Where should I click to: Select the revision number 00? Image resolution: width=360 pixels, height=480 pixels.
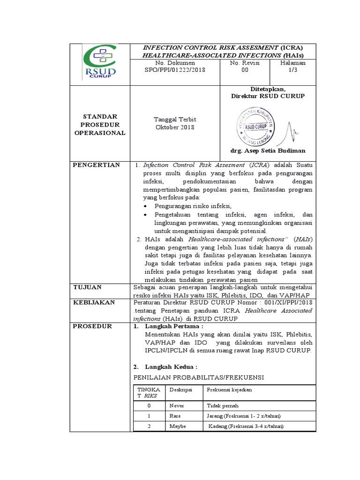coord(245,70)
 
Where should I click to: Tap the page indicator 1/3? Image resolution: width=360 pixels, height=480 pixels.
coord(292,70)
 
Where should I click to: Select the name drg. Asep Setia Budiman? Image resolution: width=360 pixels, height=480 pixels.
coord(268,150)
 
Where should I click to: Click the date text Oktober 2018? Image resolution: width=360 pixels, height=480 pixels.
coord(174,127)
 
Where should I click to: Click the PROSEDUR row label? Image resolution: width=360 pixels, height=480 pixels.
coord(92,326)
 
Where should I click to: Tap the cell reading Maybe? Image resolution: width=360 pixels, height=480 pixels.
coord(178,426)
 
